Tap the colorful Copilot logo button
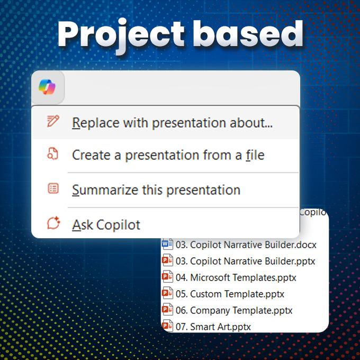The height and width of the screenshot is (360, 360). (x=48, y=87)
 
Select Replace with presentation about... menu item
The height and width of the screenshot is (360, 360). (x=172, y=123)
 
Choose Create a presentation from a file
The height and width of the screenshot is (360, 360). (x=168, y=155)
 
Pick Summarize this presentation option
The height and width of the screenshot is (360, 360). (x=156, y=190)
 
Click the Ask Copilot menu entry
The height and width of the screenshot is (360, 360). (x=106, y=225)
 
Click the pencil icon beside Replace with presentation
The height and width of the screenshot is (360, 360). (x=53, y=121)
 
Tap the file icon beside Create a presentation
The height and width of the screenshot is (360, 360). (x=53, y=154)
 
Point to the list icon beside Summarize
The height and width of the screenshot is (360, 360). (x=53, y=188)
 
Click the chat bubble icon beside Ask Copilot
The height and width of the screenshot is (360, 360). (x=53, y=223)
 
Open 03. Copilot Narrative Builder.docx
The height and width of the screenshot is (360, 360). (x=246, y=245)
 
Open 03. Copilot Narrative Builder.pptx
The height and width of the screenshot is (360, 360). (x=245, y=262)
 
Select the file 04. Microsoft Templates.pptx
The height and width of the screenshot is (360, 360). (x=236, y=277)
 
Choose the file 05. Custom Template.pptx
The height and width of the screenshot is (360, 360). (x=230, y=294)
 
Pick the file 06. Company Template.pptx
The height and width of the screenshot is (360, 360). (x=234, y=311)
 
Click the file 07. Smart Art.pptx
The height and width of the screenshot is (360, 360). (x=213, y=327)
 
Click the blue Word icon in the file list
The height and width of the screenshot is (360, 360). (x=167, y=244)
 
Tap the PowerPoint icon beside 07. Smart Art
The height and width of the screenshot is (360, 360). (x=167, y=326)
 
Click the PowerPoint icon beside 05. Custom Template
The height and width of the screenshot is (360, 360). (x=167, y=293)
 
